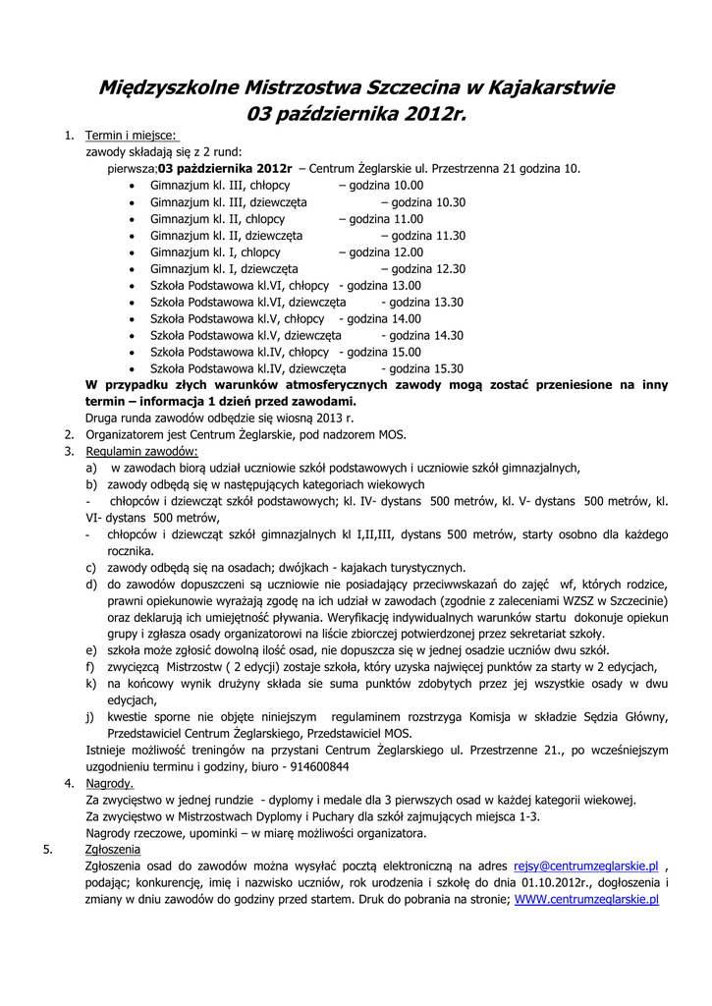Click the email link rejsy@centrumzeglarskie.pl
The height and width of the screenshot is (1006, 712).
[x=586, y=866]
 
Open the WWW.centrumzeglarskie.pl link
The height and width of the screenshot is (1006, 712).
[x=586, y=898]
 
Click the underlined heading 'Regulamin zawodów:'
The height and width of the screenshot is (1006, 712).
[x=141, y=451]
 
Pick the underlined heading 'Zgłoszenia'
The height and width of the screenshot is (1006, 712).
[x=113, y=850]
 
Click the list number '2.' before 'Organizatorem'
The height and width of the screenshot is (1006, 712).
[x=70, y=434]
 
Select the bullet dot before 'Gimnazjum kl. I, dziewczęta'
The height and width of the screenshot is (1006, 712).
[x=133, y=269]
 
